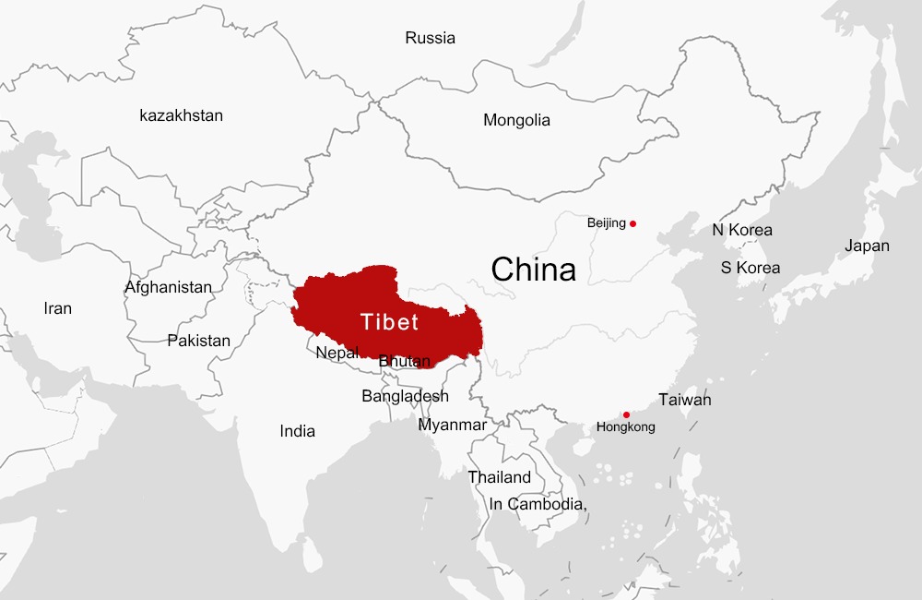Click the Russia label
pos(430,39)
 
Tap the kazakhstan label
pos(181,115)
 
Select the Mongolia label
pos(516,120)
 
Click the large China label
pos(533,270)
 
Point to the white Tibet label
pos(389,322)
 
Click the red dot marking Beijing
pos(632,223)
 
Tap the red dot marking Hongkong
pos(627,414)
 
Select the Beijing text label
pos(606,223)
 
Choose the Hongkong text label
pos(626,427)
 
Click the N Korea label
pos(741,230)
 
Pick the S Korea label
pos(750,268)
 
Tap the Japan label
pos(867,246)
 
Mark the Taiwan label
pos(684,401)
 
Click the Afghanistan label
pos(168,287)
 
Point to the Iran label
pos(57,308)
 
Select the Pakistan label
pos(198,341)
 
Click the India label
pos(297,431)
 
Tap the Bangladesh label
pos(405,396)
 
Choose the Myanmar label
pos(452,425)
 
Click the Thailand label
pos(499,477)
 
